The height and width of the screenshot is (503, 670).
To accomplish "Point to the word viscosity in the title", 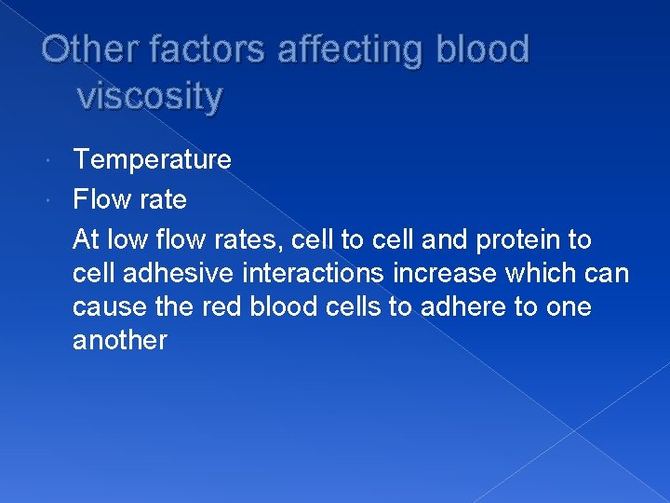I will [x=151, y=96].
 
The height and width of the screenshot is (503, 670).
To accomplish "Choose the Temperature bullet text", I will [x=152, y=160].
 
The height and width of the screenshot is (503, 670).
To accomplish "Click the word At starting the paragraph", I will [x=86, y=240].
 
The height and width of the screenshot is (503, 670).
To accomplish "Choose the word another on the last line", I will [x=119, y=341].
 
